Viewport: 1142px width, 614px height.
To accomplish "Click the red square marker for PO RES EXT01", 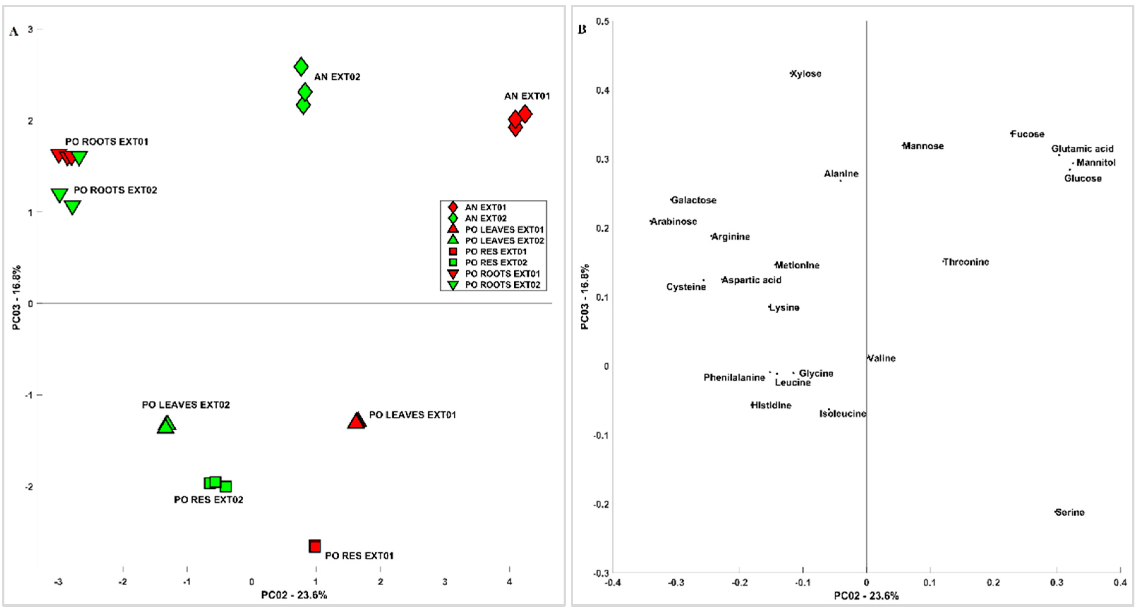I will [315, 546].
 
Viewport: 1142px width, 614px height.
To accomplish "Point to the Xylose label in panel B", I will [806, 74].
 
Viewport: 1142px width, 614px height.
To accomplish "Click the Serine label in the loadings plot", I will [1069, 513].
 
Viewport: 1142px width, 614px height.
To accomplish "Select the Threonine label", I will [965, 262].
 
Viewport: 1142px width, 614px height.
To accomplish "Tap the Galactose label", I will [693, 200].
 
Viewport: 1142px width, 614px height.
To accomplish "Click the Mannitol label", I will [1096, 163].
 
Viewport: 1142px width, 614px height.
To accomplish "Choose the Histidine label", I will [771, 405].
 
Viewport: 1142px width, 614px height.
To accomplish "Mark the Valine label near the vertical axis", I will [881, 358].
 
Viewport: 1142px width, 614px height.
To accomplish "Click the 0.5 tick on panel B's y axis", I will [602, 21].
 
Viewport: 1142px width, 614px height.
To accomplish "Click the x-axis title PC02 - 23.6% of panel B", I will [866, 595].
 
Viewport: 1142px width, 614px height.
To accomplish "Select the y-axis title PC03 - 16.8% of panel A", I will [16, 297].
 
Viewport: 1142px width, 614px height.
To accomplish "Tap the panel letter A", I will [14, 32].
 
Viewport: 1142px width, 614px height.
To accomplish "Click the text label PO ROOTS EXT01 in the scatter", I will [106, 142].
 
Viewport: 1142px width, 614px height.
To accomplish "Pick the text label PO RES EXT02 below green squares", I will [208, 500].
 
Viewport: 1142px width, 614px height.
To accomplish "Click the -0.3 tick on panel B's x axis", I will [676, 582].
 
